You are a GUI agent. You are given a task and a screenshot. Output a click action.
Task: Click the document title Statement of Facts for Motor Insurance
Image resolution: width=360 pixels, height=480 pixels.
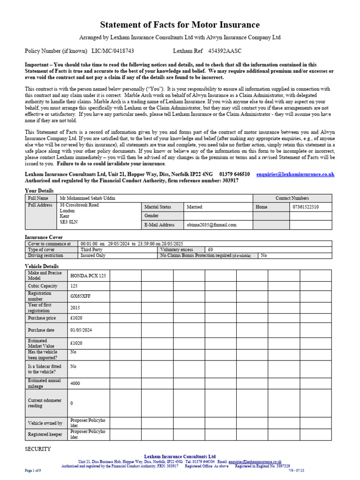pyautogui.click(x=180, y=25)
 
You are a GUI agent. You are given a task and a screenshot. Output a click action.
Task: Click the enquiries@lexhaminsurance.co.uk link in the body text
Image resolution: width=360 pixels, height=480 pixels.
pyautogui.click(x=295, y=174)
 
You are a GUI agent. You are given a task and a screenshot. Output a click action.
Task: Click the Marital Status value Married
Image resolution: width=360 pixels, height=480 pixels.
pyautogui.click(x=195, y=206)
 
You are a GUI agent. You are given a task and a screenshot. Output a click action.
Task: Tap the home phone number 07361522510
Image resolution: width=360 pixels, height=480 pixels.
pyautogui.click(x=305, y=206)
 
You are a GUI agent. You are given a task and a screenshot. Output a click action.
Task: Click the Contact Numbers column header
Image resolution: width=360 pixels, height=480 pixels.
pyautogui.click(x=292, y=198)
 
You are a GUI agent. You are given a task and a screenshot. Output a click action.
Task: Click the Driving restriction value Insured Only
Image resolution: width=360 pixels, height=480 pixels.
pyautogui.click(x=93, y=256)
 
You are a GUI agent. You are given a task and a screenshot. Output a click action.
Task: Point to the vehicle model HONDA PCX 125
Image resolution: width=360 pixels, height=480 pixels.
pyautogui.click(x=88, y=276)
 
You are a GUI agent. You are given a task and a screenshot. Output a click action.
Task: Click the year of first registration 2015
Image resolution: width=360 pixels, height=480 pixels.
pyautogui.click(x=75, y=308)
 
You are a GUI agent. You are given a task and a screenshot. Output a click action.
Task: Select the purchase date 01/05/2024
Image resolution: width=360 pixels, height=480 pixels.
pyautogui.click(x=81, y=330)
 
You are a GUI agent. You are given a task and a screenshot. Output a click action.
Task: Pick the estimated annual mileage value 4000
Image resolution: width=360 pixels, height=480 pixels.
pyautogui.click(x=75, y=383)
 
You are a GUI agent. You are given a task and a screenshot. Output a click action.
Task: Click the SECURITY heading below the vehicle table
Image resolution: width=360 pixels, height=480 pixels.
pyautogui.click(x=37, y=449)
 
